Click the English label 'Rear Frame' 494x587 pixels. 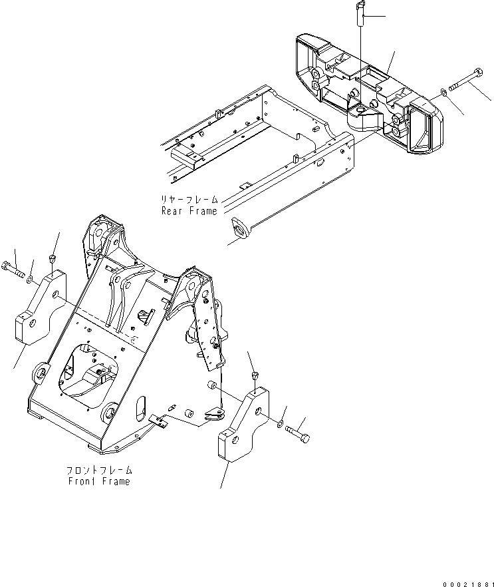(189, 211)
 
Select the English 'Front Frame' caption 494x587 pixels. (100, 481)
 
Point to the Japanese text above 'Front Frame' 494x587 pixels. (100, 470)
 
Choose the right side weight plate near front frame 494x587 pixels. (243, 426)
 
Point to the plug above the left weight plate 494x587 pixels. (53, 258)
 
